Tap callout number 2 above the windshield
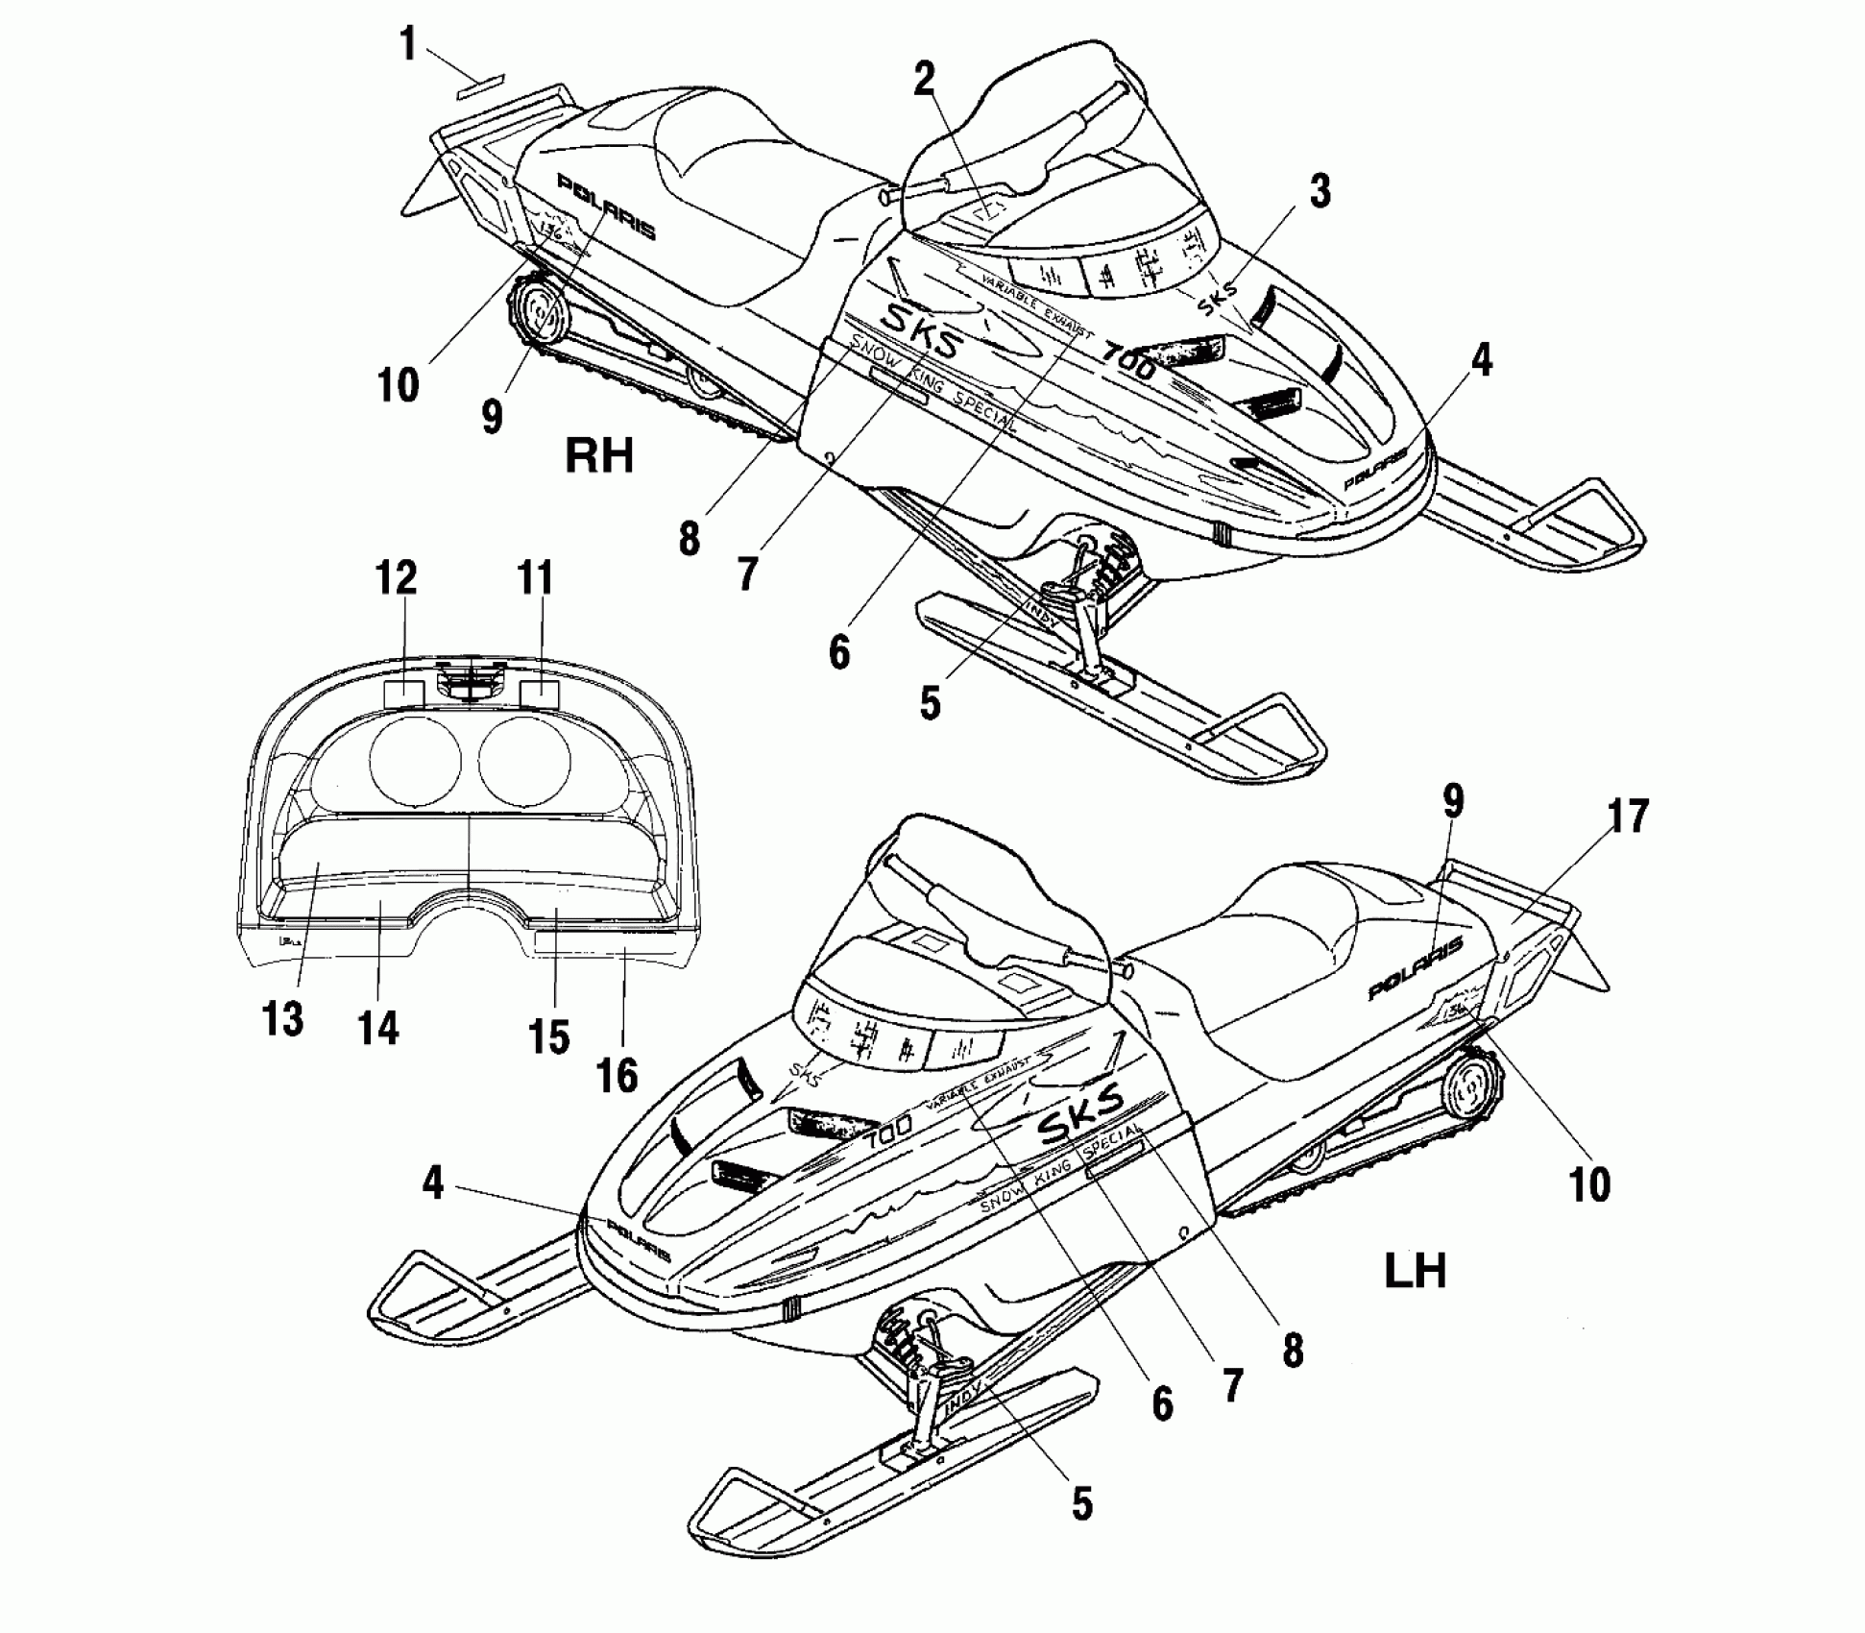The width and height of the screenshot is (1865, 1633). pos(923,80)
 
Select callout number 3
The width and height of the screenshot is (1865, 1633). pos(1320,191)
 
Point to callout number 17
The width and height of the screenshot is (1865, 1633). pos(1627,816)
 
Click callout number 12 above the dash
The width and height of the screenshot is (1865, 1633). pos(396,577)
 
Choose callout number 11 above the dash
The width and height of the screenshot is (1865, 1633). pos(536,577)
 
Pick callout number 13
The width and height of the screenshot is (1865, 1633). pos(282,1018)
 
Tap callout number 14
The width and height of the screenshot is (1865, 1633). pos(378,1028)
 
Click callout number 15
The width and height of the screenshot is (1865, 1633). pos(549,1037)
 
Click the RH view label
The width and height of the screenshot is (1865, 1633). pos(599,454)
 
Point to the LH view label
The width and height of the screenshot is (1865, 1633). pos(1416,1271)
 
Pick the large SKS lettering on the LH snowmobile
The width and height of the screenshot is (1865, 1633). pos(1080,1114)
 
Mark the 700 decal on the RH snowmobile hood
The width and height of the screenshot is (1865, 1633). pos(1129,360)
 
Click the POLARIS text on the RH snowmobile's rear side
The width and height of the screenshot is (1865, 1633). pos(607,207)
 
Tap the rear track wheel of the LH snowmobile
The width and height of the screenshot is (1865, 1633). pos(1469,1090)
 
